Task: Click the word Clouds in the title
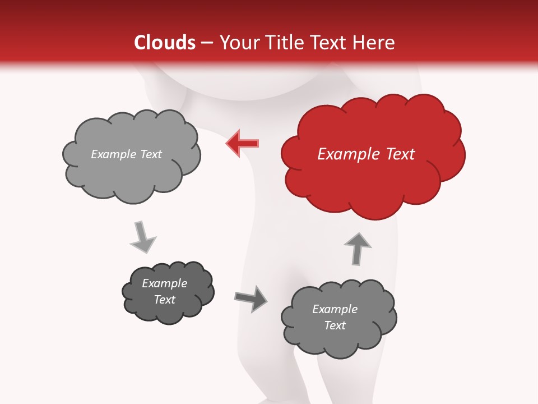(x=164, y=43)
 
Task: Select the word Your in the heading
(x=239, y=43)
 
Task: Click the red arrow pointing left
(x=243, y=144)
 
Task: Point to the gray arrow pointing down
(x=142, y=237)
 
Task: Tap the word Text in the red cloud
(x=400, y=154)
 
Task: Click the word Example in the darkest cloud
(x=165, y=283)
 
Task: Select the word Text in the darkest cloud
(x=165, y=300)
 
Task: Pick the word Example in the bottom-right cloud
(x=335, y=309)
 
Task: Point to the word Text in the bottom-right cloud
(x=335, y=325)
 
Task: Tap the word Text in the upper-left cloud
(x=150, y=154)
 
